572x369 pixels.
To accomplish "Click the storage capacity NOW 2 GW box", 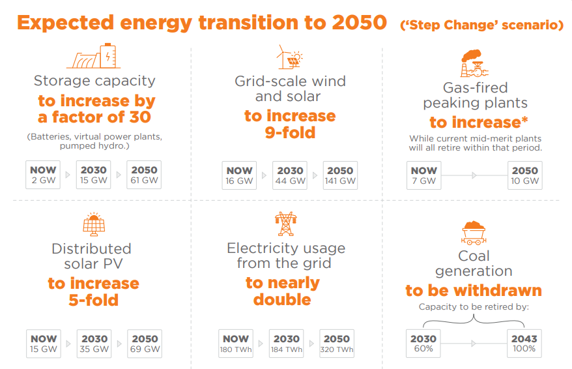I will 43,175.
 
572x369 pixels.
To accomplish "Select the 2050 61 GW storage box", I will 145,175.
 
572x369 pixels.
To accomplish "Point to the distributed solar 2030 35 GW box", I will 94,344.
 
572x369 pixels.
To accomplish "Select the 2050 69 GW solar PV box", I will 145,344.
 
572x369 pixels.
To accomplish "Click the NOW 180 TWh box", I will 236,344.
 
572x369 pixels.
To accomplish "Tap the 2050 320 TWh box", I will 337,344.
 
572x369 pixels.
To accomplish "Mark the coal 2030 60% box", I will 423,344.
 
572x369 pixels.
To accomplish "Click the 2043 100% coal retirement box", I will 524,344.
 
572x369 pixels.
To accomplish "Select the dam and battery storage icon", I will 94,57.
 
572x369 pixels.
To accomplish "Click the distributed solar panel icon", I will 94,224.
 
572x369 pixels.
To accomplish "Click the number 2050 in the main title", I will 359,23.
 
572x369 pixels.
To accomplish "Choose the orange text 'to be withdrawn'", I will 474,290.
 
